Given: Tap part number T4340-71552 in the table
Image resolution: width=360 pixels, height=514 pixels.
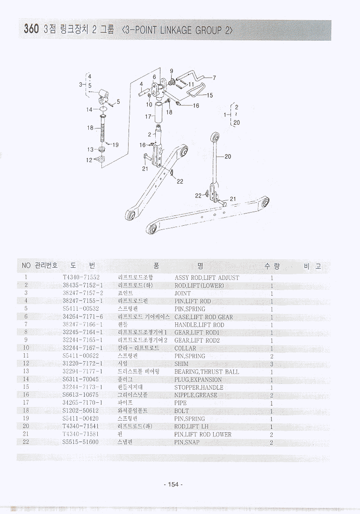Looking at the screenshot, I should click(x=81, y=278).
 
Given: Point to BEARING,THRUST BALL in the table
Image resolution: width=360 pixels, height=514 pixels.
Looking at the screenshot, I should click(x=206, y=372).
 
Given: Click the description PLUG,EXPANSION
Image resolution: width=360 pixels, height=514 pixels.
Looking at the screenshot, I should click(x=198, y=380).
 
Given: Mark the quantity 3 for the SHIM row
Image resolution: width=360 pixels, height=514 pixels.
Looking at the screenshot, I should click(x=272, y=364).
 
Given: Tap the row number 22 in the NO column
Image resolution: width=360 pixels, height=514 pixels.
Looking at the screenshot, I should click(x=26, y=442).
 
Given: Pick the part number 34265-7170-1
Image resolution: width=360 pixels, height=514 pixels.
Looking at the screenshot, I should click(x=82, y=403).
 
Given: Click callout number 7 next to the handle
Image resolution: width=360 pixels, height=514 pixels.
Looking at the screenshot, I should click(x=215, y=78).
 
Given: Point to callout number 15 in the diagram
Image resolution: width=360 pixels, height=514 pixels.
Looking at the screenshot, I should click(x=209, y=95).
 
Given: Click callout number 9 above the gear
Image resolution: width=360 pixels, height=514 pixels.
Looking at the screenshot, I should click(x=172, y=71).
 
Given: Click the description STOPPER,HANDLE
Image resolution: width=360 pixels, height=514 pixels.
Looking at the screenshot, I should click(x=199, y=387).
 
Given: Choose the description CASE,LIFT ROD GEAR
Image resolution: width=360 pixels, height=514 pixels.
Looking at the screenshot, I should click(x=203, y=317).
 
